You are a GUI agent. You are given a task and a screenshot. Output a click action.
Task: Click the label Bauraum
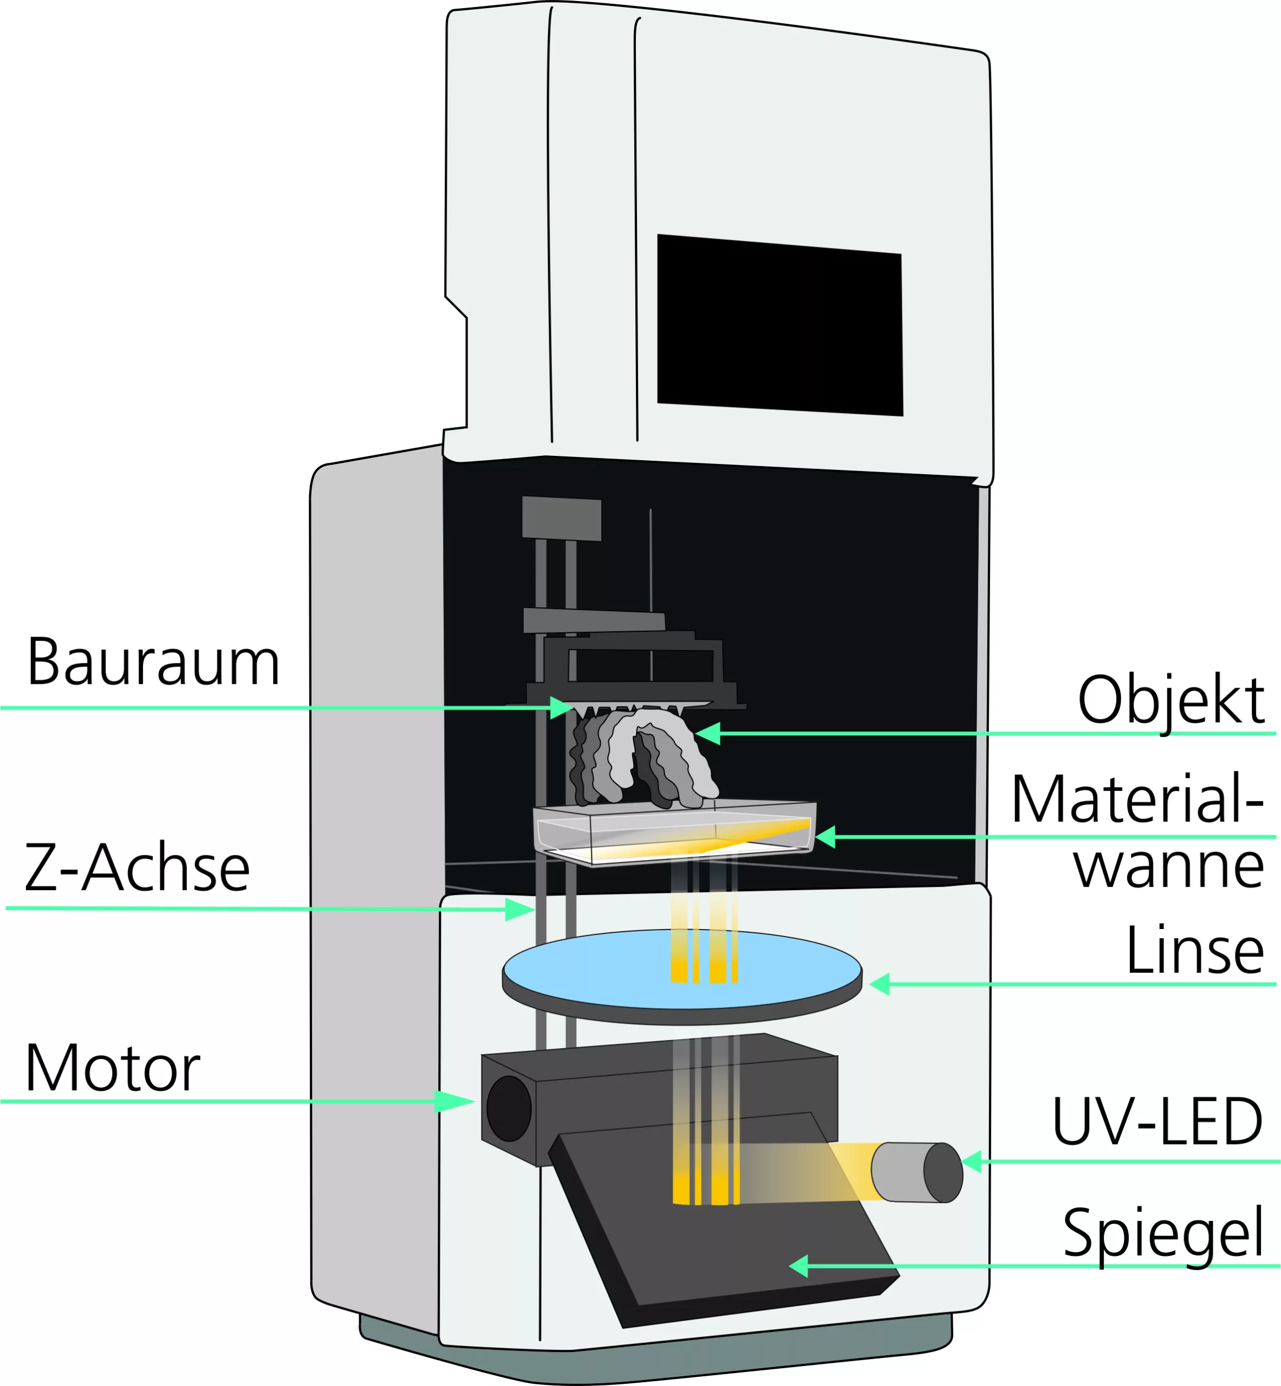coord(153,663)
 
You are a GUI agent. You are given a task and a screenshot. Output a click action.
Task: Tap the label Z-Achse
coord(137,868)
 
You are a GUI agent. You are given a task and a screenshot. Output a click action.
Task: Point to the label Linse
coord(1194,951)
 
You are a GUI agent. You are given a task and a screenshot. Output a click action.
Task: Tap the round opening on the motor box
coord(509,1109)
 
